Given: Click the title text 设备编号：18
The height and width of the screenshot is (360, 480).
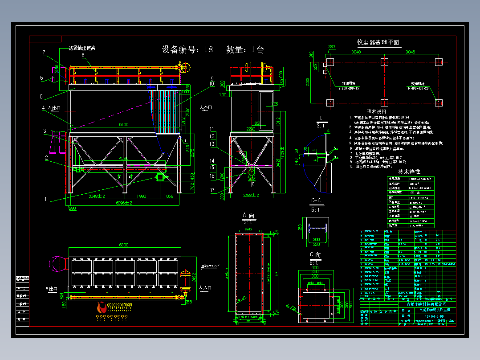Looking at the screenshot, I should click(x=187, y=49).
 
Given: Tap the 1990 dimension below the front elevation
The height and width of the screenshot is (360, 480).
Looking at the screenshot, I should click(x=141, y=196).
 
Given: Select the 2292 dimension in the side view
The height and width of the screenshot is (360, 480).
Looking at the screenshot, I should click(x=251, y=129).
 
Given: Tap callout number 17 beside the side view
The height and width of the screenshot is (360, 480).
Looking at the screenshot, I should click(x=212, y=191).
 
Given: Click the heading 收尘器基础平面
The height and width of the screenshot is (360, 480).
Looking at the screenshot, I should click(x=378, y=42).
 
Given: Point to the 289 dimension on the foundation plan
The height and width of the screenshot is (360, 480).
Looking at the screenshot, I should click(x=331, y=47).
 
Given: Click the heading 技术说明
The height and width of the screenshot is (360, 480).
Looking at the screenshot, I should click(x=377, y=111).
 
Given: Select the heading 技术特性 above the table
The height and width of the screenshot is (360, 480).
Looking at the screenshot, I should click(x=409, y=172).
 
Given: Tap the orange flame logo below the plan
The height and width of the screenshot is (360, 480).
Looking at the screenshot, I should click(x=102, y=307).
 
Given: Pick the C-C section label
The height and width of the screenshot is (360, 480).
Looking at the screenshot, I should click(x=317, y=201).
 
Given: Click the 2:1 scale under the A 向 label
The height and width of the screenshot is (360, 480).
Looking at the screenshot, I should click(x=248, y=221).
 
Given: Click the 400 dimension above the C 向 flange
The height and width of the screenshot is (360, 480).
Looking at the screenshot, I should click(x=315, y=267).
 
